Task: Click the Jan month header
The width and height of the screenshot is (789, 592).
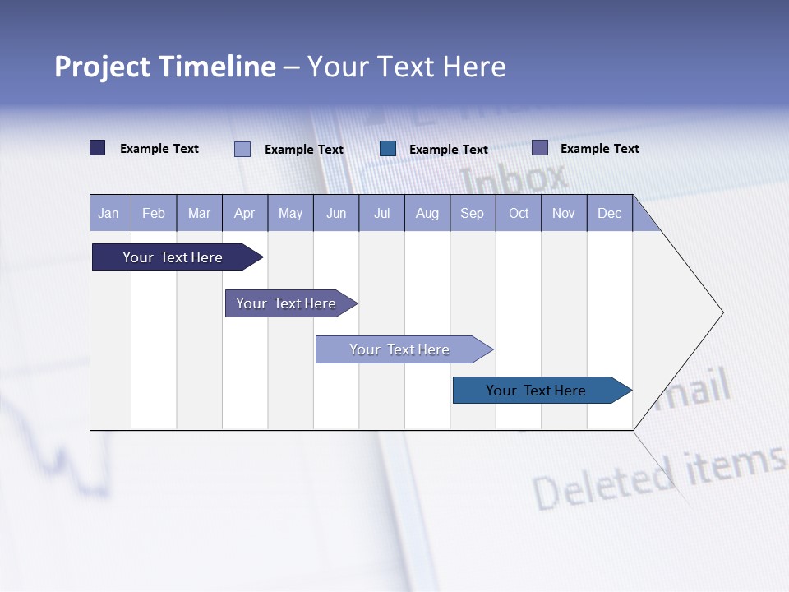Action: [109, 213]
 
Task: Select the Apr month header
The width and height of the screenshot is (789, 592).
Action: [245, 213]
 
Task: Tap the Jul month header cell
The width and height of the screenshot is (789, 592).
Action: [381, 213]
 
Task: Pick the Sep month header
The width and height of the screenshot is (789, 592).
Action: [472, 213]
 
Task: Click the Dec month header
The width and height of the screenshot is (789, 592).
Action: [609, 213]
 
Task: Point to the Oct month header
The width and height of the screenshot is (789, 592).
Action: [518, 213]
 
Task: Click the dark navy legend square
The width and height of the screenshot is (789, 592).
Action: [98, 148]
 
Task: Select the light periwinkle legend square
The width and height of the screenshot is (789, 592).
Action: [242, 149]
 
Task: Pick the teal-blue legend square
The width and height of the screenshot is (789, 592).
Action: [388, 149]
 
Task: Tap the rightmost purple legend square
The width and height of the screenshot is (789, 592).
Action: [540, 148]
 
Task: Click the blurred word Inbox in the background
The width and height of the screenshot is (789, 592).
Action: [514, 177]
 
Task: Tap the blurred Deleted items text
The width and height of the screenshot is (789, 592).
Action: [657, 477]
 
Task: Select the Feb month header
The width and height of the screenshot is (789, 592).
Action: [154, 213]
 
